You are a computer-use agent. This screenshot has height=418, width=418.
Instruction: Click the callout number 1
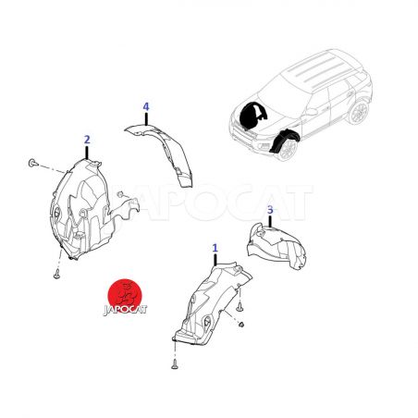pyautogui.click(x=215, y=248)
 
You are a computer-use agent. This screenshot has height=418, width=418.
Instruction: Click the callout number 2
pyautogui.click(x=87, y=140)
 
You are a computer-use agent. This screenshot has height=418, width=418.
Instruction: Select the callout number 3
pyautogui.click(x=270, y=210)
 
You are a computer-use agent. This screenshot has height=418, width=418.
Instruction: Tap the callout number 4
pyautogui.click(x=146, y=107)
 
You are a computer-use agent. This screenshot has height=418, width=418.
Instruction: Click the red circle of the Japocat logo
pyautogui.click(x=125, y=294)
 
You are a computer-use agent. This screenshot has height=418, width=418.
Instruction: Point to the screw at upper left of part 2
pyautogui.click(x=32, y=163)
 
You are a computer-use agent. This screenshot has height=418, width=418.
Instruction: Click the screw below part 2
pyautogui.click(x=56, y=274)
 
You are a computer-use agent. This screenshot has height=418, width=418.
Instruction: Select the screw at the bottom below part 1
pyautogui.click(x=175, y=364)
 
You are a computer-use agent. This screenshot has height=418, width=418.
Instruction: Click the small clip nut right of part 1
pyautogui.click(x=241, y=324)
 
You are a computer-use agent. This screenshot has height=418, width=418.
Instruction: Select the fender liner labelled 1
pyautogui.click(x=210, y=303)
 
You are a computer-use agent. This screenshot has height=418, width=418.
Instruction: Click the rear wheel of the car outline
pyautogui.click(x=359, y=112)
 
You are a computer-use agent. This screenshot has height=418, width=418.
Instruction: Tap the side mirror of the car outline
pyautogui.click(x=311, y=112)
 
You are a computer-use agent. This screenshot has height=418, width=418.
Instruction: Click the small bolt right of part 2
pyautogui.click(x=120, y=194)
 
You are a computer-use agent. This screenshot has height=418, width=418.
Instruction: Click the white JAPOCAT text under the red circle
pyautogui.click(x=125, y=309)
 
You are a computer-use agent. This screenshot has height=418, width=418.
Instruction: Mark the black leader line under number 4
pyautogui.click(x=146, y=119)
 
